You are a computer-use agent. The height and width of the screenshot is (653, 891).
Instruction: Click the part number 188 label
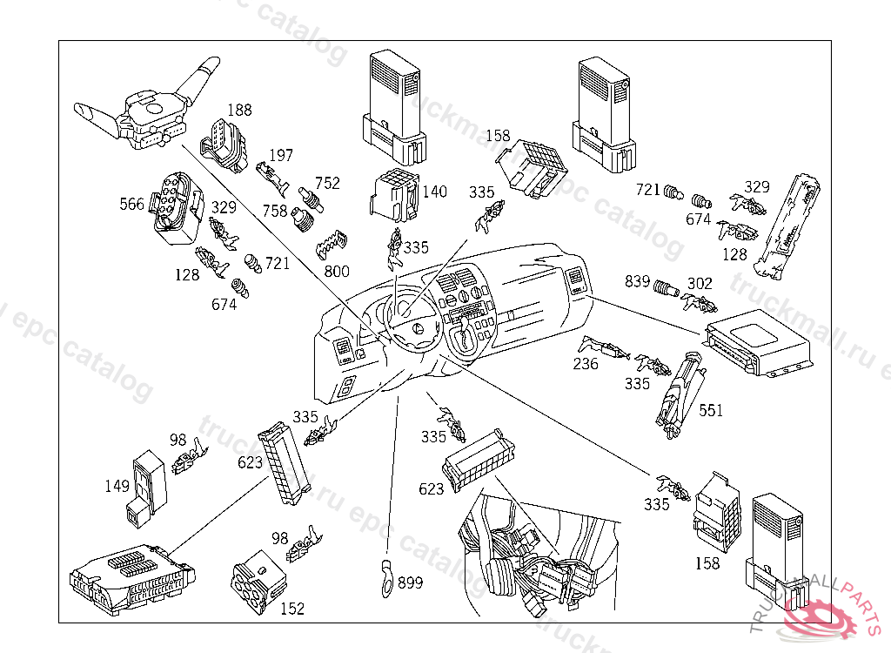[x=239, y=111]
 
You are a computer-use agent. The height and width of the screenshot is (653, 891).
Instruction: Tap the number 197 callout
[x=281, y=155]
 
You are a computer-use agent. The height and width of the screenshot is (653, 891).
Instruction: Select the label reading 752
[x=328, y=183]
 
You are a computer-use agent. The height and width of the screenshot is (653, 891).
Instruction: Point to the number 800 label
[x=337, y=272]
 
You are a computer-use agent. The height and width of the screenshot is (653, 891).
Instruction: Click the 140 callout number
[x=435, y=192]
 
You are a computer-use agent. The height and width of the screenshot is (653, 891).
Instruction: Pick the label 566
[x=132, y=204]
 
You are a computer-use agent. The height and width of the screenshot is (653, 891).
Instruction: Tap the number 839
[x=638, y=282]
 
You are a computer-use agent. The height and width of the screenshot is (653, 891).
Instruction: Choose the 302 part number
[x=700, y=283]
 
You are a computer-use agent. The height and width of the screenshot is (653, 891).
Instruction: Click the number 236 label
[x=586, y=364]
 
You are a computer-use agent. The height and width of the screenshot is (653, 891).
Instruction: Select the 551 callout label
[x=710, y=410]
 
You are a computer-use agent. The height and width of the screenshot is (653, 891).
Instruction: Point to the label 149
[x=117, y=487]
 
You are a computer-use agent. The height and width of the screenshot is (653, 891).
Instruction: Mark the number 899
[x=410, y=582]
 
